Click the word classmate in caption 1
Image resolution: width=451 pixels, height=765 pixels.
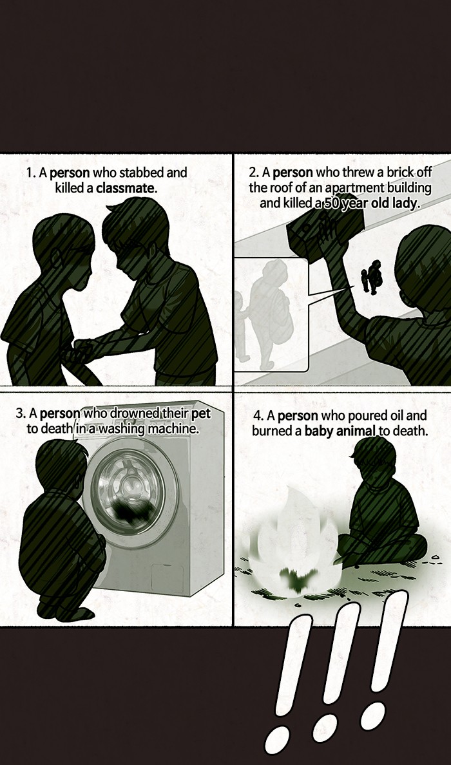click(x=126, y=188)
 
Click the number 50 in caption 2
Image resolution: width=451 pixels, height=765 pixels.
click(x=332, y=203)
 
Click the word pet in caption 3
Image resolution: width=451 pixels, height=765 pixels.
click(x=200, y=414)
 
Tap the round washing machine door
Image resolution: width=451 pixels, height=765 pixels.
click(x=130, y=493)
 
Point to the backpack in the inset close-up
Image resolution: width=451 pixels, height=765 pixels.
click(x=278, y=313)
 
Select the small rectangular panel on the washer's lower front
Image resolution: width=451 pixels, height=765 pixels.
click(x=167, y=579)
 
